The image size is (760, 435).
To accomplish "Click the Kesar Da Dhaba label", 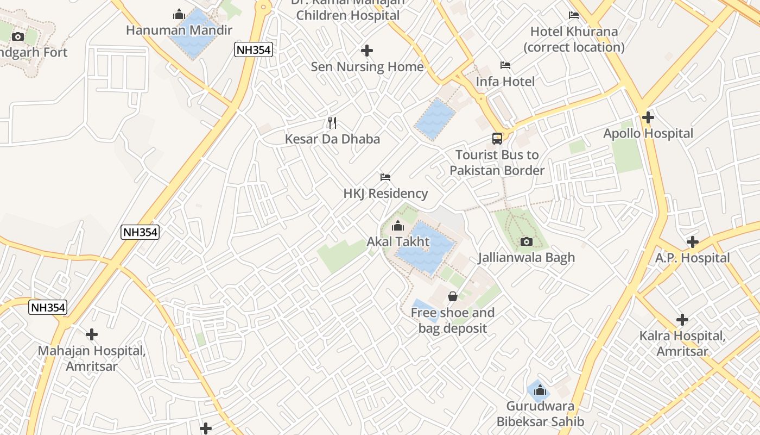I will tap(332, 139).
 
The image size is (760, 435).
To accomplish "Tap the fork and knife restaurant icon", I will tap(332, 123).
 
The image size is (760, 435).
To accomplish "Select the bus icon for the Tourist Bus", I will tap(497, 139).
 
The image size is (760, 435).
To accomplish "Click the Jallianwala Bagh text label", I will tap(526, 258).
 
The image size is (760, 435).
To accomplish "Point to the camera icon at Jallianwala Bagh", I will tap(526, 241).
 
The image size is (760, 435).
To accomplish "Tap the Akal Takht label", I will tap(398, 241).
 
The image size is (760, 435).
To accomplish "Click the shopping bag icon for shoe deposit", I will tap(453, 296).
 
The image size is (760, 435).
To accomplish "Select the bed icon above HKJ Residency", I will tap(385, 177).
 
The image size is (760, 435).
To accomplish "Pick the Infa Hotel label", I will tap(505, 82).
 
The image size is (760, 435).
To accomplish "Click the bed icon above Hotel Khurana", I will tap(574, 15).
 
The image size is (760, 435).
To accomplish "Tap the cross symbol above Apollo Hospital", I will tap(648, 117).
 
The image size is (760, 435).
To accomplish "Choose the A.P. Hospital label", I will tap(692, 258).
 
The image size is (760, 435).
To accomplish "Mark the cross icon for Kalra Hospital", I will tap(682, 320).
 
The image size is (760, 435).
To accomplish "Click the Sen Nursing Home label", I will tap(367, 67).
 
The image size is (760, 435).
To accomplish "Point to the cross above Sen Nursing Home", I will tap(367, 51).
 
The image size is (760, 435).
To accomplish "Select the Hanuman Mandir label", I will tap(179, 30).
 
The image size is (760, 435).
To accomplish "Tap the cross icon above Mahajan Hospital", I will tap(92, 334).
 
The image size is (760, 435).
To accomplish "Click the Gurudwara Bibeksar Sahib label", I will tap(540, 414).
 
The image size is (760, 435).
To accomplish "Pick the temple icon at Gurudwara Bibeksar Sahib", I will tap(540, 390).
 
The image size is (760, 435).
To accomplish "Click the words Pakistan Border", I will tap(497, 171).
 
